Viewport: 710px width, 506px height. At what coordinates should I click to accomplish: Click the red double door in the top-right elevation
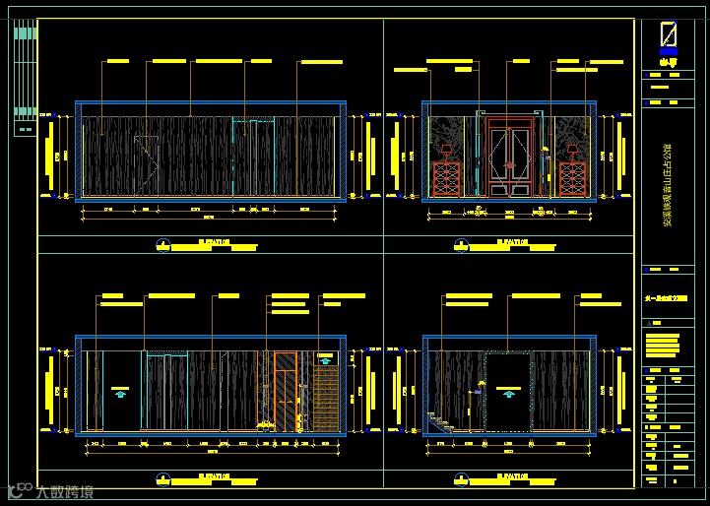[511, 158]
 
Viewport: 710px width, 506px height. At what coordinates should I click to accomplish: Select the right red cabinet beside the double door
[573, 179]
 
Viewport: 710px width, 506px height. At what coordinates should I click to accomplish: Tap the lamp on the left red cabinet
[448, 151]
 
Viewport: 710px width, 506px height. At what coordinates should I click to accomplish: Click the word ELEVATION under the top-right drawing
[510, 239]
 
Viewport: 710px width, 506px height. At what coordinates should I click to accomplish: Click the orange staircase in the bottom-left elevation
[326, 394]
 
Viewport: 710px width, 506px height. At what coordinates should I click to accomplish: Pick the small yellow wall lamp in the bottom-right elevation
[481, 385]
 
